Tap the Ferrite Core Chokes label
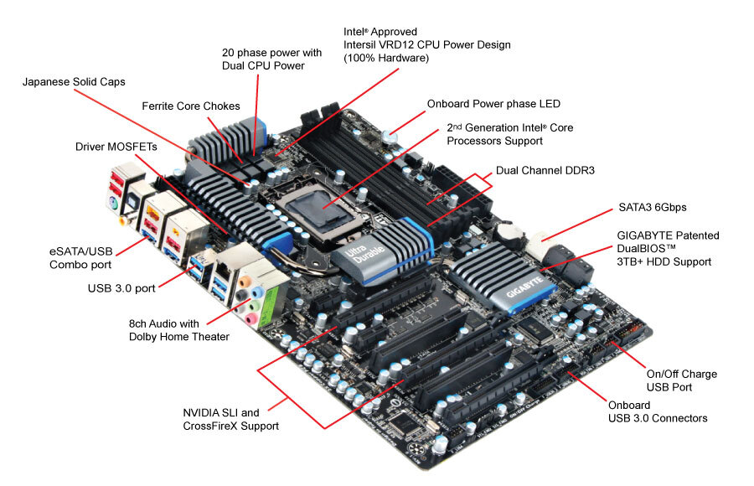[x=191, y=106]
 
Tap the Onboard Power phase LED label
[x=493, y=104]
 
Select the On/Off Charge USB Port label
[x=681, y=380]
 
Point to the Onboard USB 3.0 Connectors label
[x=658, y=411]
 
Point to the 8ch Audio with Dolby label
[x=178, y=330]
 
